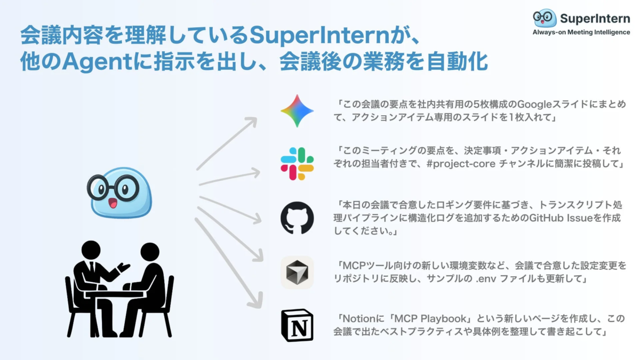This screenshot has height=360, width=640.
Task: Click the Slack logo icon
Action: click(x=297, y=164)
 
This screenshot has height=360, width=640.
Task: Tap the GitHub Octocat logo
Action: click(x=297, y=217)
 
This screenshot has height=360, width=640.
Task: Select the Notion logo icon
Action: click(x=297, y=325)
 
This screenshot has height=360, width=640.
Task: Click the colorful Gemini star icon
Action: click(x=297, y=111)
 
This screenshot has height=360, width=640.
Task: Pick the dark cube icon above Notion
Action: click(x=297, y=272)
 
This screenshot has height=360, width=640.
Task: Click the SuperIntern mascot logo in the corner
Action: click(x=545, y=18)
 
